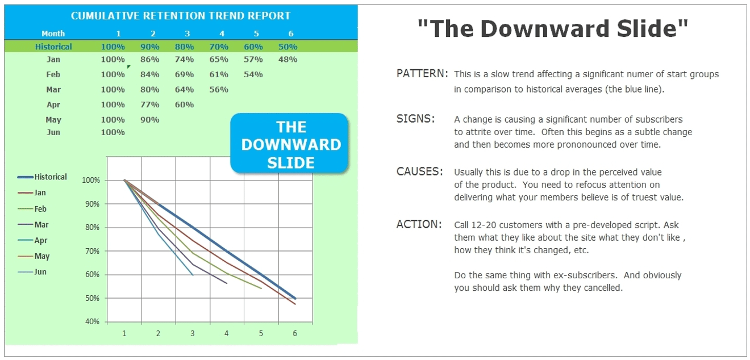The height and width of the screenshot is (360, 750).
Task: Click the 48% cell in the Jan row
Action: [287, 60]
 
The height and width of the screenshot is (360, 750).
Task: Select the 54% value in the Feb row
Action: [253, 74]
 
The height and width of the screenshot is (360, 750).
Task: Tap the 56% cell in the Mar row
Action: [219, 90]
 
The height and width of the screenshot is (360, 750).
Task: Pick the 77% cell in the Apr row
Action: [149, 104]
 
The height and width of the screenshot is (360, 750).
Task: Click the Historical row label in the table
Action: [53, 47]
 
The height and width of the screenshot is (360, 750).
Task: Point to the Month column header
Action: [53, 34]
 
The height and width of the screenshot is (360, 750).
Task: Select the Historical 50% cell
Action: [287, 47]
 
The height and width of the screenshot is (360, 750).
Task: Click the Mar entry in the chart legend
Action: [41, 224]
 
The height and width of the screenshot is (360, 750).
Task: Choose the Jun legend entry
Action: [40, 271]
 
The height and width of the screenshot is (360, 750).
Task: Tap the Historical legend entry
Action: [51, 177]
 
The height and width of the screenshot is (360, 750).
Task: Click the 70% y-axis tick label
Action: [93, 251]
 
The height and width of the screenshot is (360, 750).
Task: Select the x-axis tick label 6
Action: [295, 333]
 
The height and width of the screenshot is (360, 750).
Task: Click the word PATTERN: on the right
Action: [422, 74]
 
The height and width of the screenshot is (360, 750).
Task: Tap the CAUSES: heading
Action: [419, 171]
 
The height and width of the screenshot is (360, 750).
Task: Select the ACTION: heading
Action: [419, 224]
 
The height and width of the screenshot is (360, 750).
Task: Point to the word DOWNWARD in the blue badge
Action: [291, 145]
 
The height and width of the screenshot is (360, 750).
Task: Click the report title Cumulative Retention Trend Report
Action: [181, 16]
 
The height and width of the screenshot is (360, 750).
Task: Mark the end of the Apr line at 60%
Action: [193, 275]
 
